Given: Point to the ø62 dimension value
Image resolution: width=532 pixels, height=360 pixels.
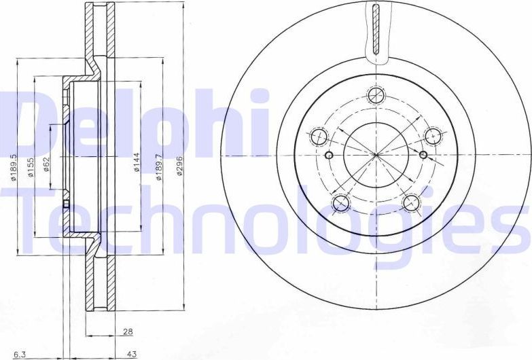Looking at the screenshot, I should click(x=48, y=164).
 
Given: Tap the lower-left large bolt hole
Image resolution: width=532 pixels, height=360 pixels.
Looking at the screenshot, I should click(x=340, y=203).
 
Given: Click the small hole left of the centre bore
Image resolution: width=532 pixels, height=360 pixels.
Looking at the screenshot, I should click(x=329, y=156).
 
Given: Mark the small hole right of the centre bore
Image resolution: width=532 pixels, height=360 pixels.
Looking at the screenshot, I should click(x=423, y=156).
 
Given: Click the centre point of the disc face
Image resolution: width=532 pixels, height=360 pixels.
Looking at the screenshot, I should click(x=376, y=155).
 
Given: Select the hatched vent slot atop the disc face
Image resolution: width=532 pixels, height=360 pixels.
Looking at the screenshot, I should click(x=376, y=29).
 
